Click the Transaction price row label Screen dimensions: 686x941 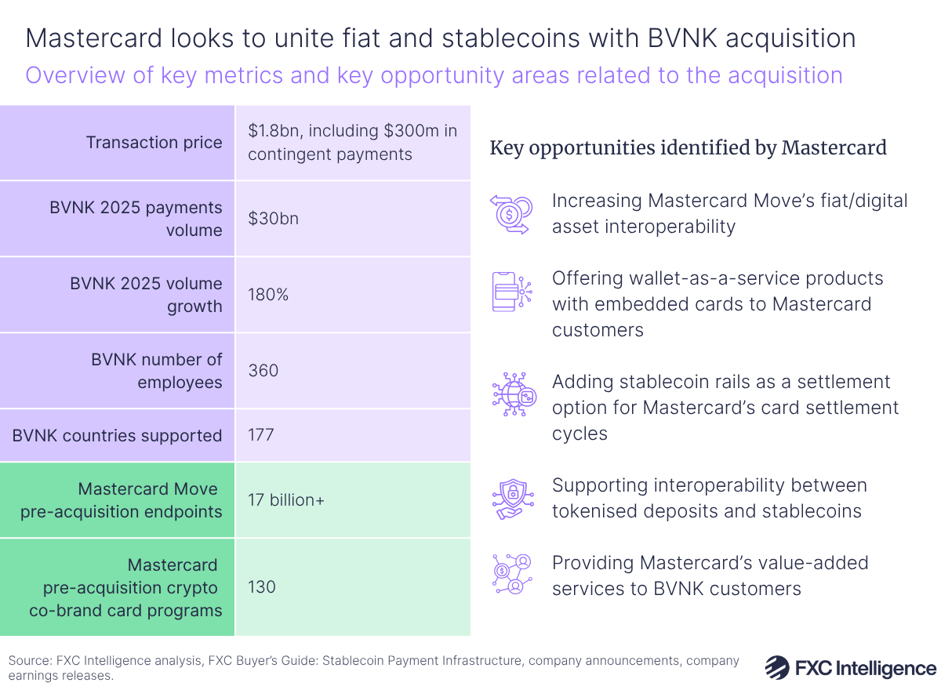tap(154, 143)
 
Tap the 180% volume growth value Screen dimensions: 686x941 tap(267, 295)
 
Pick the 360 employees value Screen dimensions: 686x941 tap(263, 370)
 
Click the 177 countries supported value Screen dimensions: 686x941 tap(260, 434)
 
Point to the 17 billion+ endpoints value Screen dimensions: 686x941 tap(286, 500)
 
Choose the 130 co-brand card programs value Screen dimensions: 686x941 tap(263, 586)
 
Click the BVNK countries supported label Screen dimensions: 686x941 tap(117, 435)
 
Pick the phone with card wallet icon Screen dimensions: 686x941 tap(512, 291)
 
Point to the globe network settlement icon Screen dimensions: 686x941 tap(512, 394)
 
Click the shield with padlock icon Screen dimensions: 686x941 tap(512, 499)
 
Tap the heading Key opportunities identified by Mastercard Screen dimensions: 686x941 tap(688, 147)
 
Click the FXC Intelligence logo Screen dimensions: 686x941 tap(850, 668)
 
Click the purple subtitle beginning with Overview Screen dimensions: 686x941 tap(434, 75)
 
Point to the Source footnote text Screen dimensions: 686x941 tap(373, 668)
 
